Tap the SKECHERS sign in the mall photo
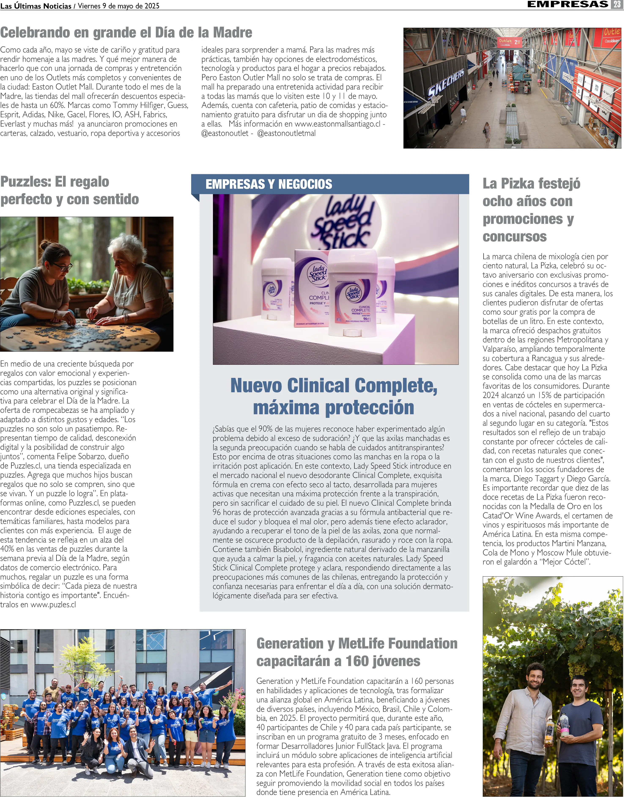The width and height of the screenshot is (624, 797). tap(446, 84)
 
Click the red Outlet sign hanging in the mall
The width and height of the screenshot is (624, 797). tap(509, 42)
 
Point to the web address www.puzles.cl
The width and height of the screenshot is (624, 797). tap(53, 605)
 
